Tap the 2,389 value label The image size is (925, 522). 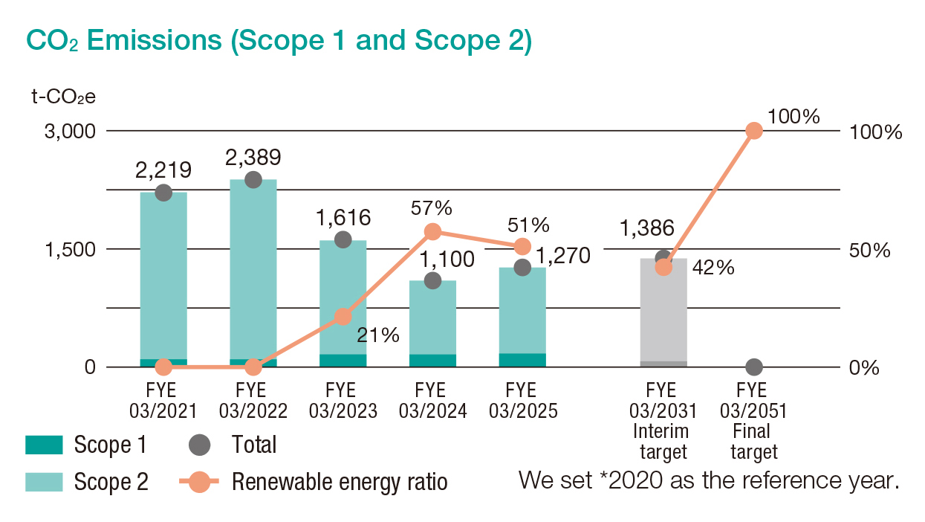tap(253, 157)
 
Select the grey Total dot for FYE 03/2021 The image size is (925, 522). tap(164, 193)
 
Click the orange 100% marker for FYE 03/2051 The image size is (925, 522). tap(754, 131)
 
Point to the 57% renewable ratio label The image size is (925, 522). tap(432, 209)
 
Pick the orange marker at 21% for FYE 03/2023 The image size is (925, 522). tap(343, 317)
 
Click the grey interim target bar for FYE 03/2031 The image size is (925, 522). tap(663, 312)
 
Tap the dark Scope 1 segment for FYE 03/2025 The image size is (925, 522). tap(522, 360)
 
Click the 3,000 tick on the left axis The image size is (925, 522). tap(70, 132)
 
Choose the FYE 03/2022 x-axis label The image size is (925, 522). tap(253, 400)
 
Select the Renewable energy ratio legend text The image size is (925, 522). tap(340, 482)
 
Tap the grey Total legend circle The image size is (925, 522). tap(200, 445)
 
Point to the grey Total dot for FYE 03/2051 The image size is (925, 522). tap(754, 367)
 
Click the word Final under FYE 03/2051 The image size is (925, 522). tap(753, 431)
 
